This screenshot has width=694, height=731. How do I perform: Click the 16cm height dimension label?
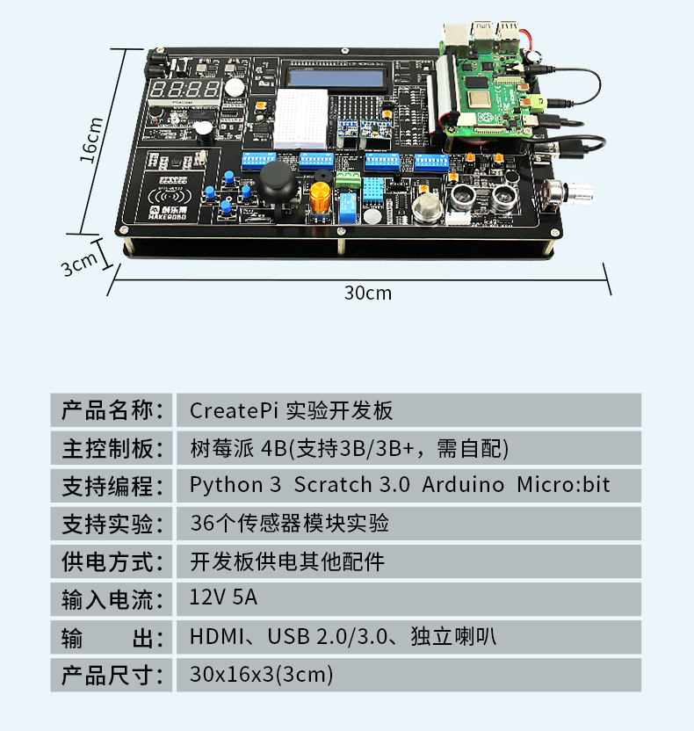click(x=92, y=141)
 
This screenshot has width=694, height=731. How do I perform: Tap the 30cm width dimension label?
click(x=367, y=293)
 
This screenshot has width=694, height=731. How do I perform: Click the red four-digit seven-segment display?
click(x=185, y=90)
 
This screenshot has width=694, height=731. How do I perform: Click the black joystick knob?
click(x=275, y=182)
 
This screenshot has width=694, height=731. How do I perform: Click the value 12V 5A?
click(x=224, y=599)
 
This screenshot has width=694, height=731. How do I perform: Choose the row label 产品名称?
click(x=112, y=410)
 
